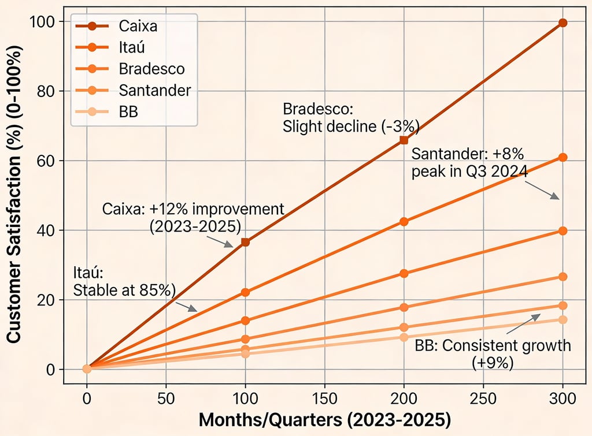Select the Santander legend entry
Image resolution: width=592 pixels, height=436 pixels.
tap(154, 90)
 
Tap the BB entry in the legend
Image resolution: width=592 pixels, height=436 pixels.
tap(128, 111)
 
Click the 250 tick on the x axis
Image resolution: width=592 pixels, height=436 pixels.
tap(483, 398)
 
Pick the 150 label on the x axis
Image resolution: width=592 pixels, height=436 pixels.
tap(324, 398)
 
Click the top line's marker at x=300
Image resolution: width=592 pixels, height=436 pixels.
tap(563, 23)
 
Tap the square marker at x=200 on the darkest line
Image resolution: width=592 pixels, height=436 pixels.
tap(404, 140)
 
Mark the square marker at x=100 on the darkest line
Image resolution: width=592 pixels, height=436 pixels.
tap(245, 242)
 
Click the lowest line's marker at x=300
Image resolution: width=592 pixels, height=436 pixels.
tap(563, 319)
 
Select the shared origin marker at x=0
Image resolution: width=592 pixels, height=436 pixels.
tap(87, 369)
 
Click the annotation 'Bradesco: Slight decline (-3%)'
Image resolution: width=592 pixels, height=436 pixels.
tap(350, 118)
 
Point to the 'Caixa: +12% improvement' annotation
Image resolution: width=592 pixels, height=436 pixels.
tap(193, 217)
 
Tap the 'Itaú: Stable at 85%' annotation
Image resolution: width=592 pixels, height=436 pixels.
tap(124, 281)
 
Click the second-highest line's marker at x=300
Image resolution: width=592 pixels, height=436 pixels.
tap(563, 157)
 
